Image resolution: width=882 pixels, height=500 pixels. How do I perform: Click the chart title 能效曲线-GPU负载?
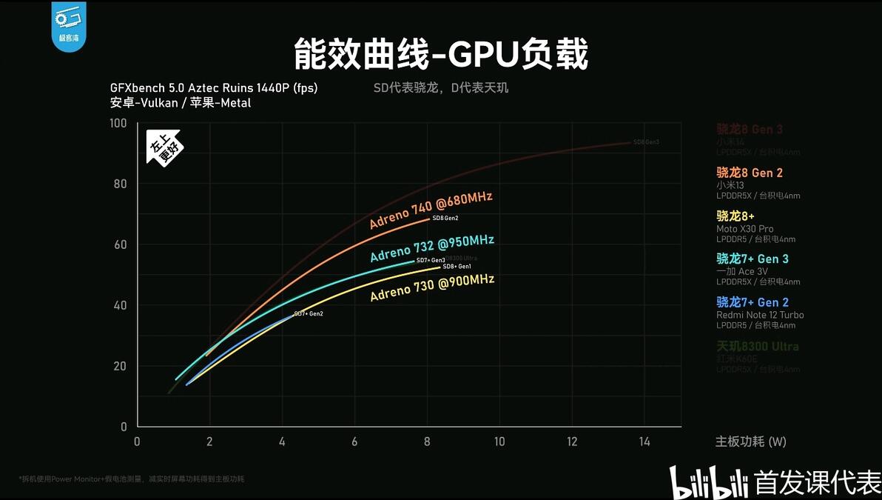coord(441,54)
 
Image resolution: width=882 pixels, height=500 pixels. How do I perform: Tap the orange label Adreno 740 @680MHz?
coord(431,210)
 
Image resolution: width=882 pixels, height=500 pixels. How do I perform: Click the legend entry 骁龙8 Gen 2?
coord(749,173)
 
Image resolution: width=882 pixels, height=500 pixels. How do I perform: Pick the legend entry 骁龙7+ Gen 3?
coord(752,259)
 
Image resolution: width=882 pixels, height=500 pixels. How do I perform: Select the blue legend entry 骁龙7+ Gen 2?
coord(752,302)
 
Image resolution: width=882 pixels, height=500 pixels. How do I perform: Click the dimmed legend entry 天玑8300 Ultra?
coord(757,346)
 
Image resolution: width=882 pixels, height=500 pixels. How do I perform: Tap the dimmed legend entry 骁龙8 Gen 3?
coord(749,130)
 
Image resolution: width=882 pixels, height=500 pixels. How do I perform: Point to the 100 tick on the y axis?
coord(118,123)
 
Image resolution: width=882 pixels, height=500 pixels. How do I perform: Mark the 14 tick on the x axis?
coord(644,441)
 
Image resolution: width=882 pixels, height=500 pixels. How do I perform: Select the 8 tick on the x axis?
coord(427,441)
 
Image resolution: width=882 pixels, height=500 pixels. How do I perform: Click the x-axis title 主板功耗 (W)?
coord(750,441)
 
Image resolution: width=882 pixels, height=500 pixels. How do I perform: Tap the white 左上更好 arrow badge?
coord(164,147)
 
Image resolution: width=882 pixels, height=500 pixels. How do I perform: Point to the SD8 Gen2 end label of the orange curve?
coord(445,219)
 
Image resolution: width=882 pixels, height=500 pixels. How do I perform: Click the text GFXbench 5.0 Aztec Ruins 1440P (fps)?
coord(213,88)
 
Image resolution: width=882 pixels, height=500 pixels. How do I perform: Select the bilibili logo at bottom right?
coord(708,482)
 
